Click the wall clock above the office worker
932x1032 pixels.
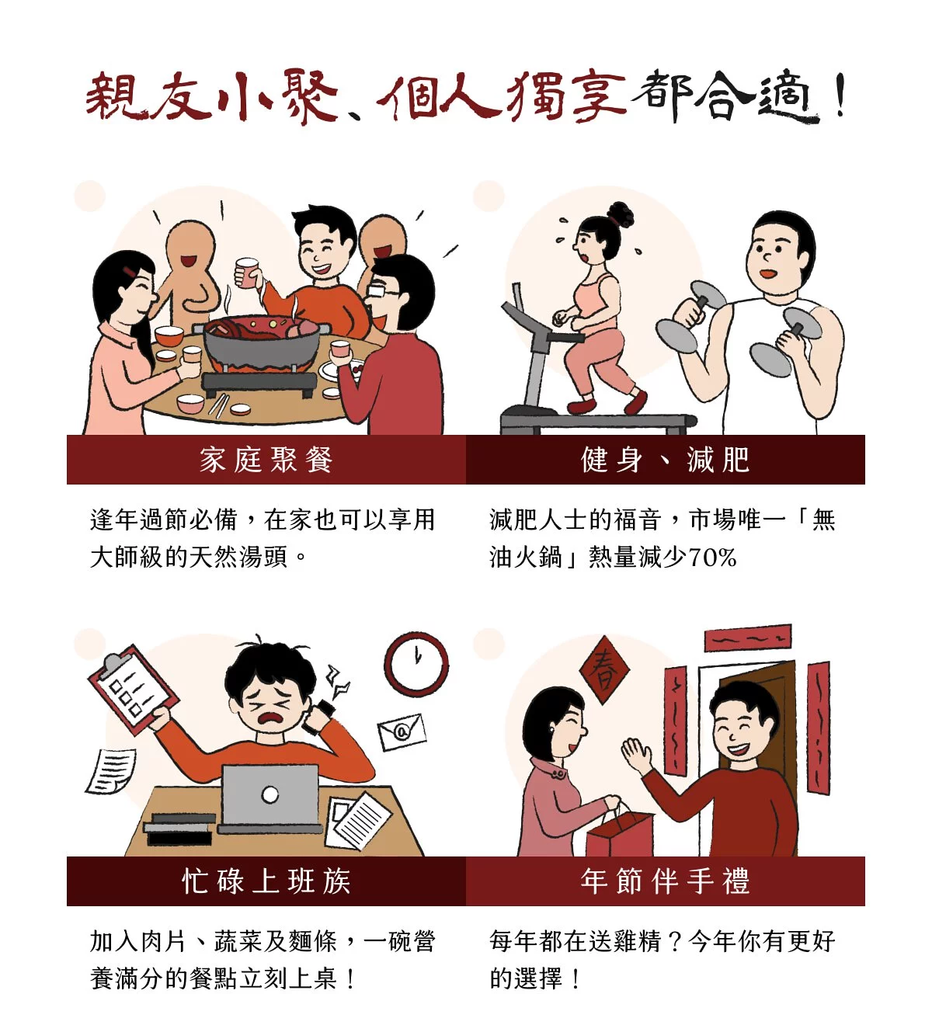click(x=416, y=664)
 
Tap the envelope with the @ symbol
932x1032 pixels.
click(x=402, y=731)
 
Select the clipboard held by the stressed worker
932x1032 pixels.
click(x=134, y=690)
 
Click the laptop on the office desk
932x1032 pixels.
click(x=270, y=800)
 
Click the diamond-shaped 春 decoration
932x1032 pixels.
click(x=605, y=670)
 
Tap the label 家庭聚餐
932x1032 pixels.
click(x=266, y=460)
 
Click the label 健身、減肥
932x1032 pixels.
click(x=665, y=460)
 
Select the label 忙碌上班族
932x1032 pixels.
click(x=266, y=881)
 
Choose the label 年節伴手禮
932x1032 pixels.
click(x=665, y=881)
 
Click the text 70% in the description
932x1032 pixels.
click(x=712, y=558)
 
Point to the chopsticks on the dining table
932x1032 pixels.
click(x=218, y=405)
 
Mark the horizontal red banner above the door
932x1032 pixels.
click(x=747, y=638)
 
